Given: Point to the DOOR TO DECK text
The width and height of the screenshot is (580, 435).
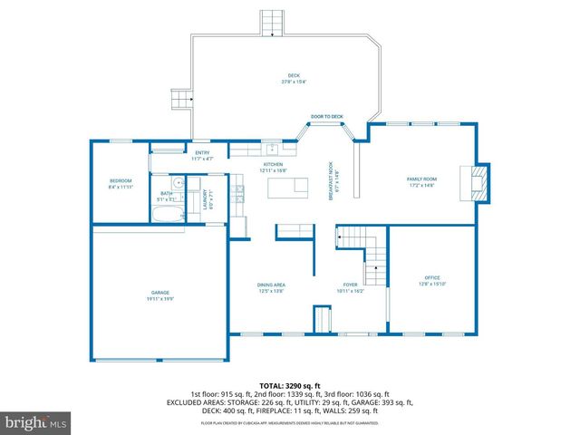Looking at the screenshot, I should (327, 116).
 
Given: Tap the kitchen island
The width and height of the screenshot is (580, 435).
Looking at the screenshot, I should (288, 188).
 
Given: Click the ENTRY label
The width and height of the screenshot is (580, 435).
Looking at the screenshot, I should (202, 155).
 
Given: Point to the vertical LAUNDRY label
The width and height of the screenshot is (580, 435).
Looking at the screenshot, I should (205, 198).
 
